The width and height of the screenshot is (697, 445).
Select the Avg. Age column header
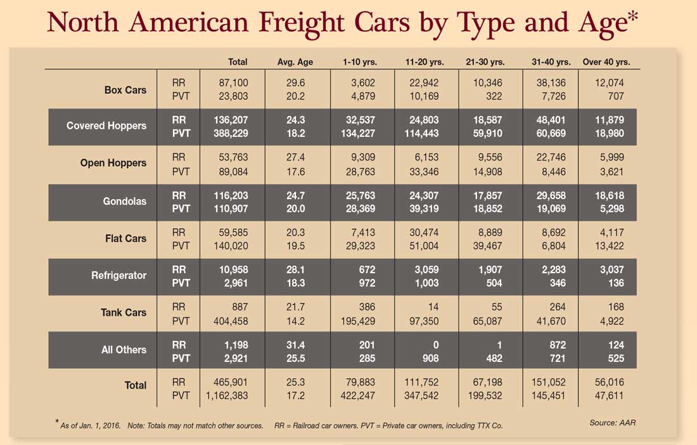coord(295,62)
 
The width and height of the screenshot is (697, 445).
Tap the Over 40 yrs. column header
coord(611,62)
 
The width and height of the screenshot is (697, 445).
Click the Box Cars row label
coord(125,90)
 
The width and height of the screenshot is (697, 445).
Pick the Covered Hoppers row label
coord(106,126)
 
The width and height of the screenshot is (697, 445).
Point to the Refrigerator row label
coord(118,275)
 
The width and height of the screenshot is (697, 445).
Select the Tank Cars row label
coord(124,313)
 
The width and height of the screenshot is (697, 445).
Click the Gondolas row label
coord(125,201)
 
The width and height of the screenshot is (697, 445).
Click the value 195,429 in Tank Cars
coord(356,321)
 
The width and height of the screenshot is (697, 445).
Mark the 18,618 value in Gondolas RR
coord(610,197)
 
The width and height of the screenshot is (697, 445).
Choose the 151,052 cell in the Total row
coord(548,382)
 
